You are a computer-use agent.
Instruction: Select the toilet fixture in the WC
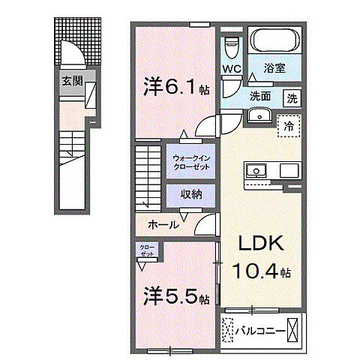tap(231, 47)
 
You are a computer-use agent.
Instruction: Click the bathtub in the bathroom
tap(275, 42)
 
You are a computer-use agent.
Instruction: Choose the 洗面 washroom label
tap(260, 96)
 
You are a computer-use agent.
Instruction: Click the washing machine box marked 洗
tap(291, 97)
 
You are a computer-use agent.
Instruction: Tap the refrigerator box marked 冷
tap(288, 126)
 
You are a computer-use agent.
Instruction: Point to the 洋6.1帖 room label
tap(174, 88)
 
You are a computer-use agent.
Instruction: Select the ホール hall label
tap(163, 223)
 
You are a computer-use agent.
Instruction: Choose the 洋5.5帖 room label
tap(176, 297)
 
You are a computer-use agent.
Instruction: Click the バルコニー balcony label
tap(260, 328)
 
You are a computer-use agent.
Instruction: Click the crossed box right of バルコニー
tap(295, 328)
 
